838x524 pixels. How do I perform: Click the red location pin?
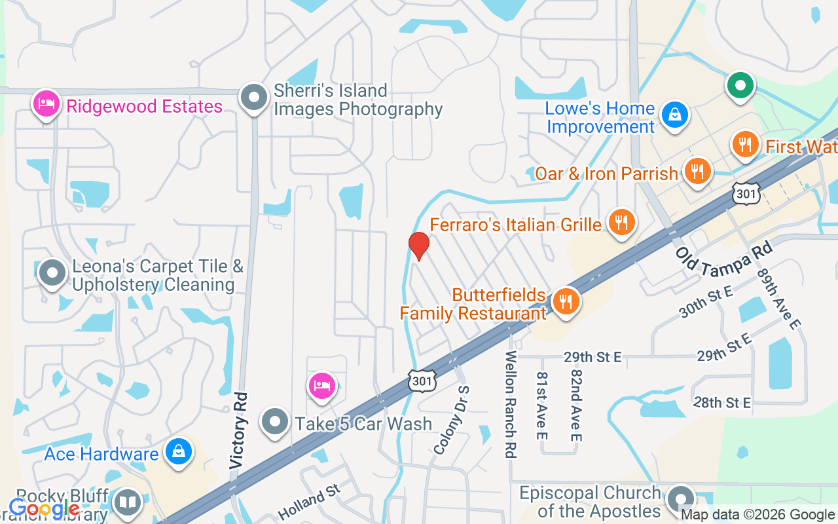(418, 246)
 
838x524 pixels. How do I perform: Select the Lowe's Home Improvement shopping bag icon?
(674, 115)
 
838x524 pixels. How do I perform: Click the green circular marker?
(740, 86)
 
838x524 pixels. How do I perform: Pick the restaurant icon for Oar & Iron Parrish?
(698, 172)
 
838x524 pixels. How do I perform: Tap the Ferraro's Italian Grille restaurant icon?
(621, 223)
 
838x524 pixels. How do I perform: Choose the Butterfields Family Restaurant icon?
(566, 301)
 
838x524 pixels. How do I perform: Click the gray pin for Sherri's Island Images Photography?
(254, 98)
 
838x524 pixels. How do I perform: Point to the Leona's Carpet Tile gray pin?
(52, 274)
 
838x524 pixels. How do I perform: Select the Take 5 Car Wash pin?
(275, 422)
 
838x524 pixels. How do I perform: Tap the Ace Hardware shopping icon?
(178, 452)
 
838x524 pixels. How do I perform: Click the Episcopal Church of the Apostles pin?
(681, 500)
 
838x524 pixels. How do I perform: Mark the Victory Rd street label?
(240, 430)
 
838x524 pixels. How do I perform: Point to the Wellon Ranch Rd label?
(511, 403)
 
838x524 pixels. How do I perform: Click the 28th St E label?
(722, 402)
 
